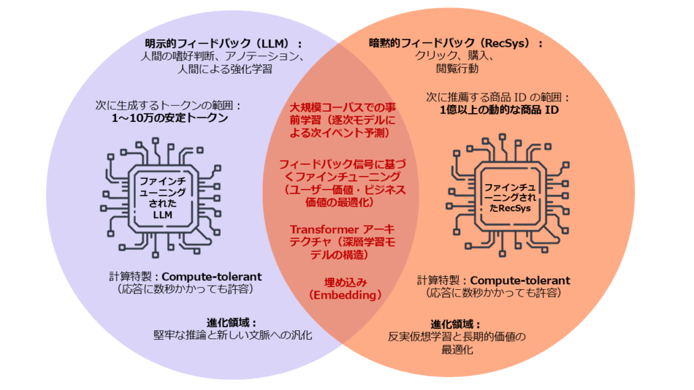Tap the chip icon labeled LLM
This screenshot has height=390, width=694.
pos(162,196)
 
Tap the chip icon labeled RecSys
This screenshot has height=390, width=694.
pos(508,197)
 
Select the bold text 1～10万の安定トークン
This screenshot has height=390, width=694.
pos(169,118)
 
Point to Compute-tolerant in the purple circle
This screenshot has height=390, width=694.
pos(211,276)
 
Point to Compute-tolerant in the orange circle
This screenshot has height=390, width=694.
pos(520,280)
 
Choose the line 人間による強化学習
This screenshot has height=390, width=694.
pos(224,68)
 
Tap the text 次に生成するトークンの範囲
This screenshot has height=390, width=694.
pos(169,106)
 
